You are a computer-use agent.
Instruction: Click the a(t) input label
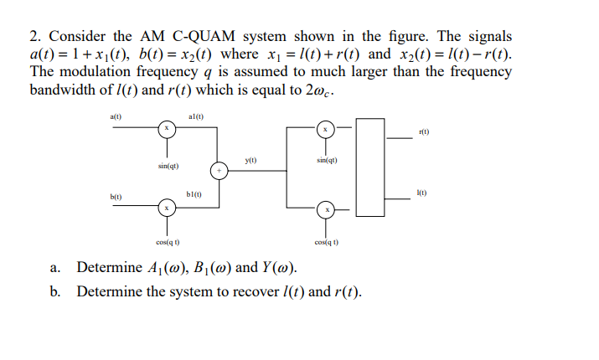(x=116, y=117)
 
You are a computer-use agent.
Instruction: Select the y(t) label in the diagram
(x=250, y=158)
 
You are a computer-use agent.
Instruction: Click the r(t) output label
(x=424, y=132)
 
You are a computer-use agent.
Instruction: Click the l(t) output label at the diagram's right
(x=425, y=194)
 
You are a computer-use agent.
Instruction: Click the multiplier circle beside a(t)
(x=168, y=128)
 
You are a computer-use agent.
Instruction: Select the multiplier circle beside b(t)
(x=168, y=207)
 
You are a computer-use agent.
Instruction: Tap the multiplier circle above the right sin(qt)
(x=328, y=129)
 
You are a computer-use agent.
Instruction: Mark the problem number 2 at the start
(x=34, y=37)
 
